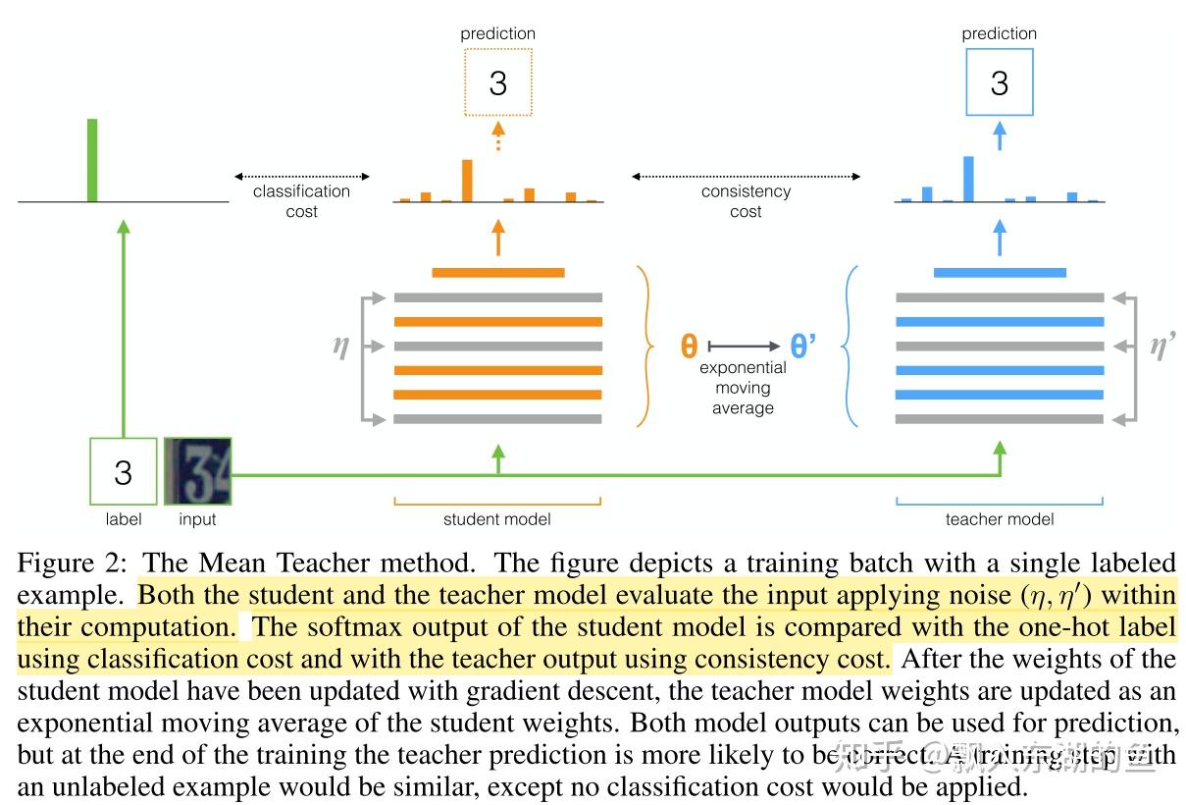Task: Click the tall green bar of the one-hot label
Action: [x=92, y=160]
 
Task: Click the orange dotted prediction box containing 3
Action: [x=497, y=82]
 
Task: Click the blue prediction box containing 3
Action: [x=999, y=82]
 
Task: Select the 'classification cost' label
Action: [x=301, y=201]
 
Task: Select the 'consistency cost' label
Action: [x=746, y=201]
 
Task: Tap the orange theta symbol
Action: [x=690, y=347]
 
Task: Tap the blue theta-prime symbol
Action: [x=803, y=347]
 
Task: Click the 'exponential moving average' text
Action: [x=743, y=388]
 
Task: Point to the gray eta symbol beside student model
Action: [x=340, y=346]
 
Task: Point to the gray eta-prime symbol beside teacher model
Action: [x=1162, y=346]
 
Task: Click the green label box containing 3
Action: [x=123, y=472]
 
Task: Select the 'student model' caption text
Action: [x=497, y=519]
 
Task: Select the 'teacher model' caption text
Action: [x=999, y=519]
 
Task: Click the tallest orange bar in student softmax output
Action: [x=467, y=181]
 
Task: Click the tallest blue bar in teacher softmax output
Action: [x=968, y=179]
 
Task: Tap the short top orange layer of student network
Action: [x=497, y=272]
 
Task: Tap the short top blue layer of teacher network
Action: [x=999, y=272]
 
